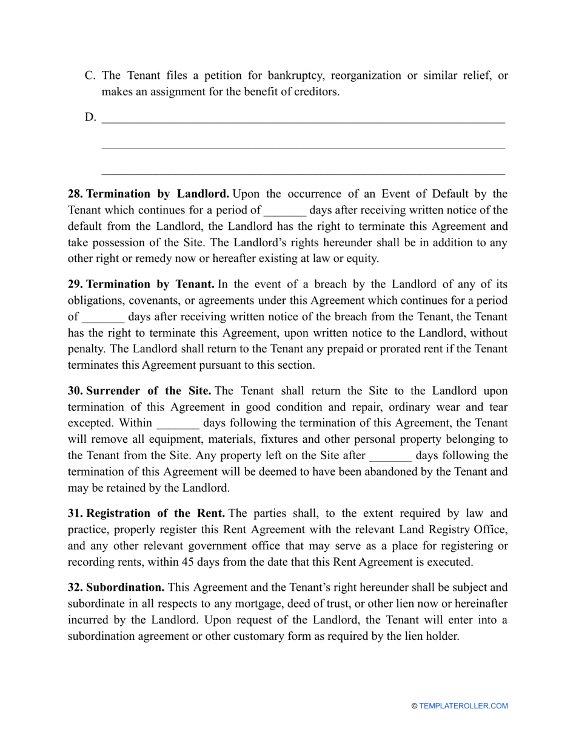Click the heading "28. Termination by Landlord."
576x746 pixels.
(149, 194)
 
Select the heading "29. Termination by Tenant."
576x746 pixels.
(141, 284)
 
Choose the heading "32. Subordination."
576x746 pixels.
(116, 587)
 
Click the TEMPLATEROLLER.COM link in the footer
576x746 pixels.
(463, 706)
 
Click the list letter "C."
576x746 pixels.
(90, 76)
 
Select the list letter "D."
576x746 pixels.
(90, 117)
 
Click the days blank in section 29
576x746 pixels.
(103, 317)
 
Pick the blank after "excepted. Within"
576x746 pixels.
(178, 423)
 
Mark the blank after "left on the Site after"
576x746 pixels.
(390, 455)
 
